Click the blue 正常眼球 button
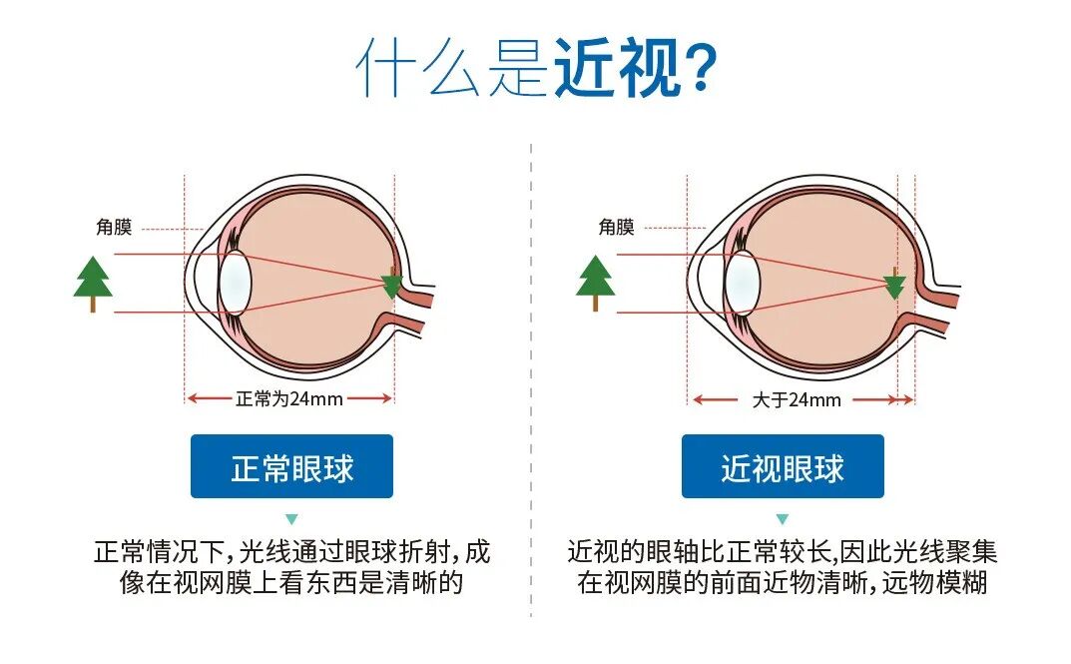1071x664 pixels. pyautogui.click(x=291, y=466)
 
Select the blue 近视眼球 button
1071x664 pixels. pyautogui.click(x=783, y=466)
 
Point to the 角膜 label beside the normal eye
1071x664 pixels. pyautogui.click(x=113, y=228)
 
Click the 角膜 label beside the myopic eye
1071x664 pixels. pyautogui.click(x=616, y=228)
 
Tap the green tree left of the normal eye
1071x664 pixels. pyautogui.click(x=93, y=278)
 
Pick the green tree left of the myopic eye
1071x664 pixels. pyautogui.click(x=596, y=278)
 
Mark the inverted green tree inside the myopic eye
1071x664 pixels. pyautogui.click(x=893, y=287)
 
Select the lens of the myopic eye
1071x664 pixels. pyautogui.click(x=741, y=283)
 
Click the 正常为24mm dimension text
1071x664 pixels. pyautogui.click(x=289, y=398)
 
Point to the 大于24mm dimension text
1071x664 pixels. pyautogui.click(x=796, y=400)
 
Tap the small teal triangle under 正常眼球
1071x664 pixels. pyautogui.click(x=291, y=519)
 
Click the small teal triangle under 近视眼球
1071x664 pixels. pyautogui.click(x=783, y=519)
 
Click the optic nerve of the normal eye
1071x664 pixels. pyautogui.click(x=418, y=311)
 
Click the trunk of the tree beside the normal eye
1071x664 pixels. pyautogui.click(x=93, y=304)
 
